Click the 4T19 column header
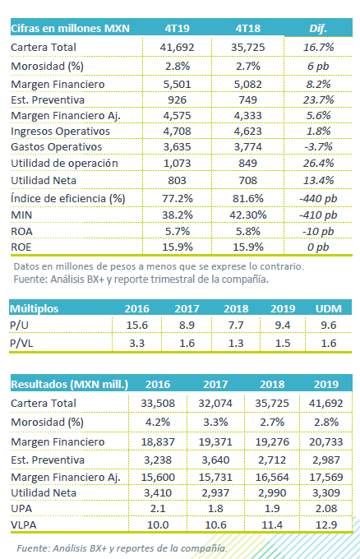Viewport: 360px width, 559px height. click(x=178, y=28)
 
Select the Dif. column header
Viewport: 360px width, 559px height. click(x=318, y=28)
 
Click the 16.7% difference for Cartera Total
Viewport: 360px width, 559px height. click(x=318, y=47)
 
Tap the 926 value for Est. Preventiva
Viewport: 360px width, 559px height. click(x=178, y=99)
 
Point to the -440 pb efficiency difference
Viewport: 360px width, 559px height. click(x=318, y=199)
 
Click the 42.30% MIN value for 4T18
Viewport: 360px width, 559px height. click(x=247, y=215)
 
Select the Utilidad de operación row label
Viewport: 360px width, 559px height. click(x=64, y=164)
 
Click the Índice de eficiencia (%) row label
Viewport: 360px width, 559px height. click(x=68, y=198)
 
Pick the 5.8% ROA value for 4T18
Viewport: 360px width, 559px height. click(x=247, y=231)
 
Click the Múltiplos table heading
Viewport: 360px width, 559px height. click(x=35, y=308)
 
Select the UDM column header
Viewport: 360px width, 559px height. click(x=328, y=308)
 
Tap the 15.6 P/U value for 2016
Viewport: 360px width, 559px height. click(x=137, y=326)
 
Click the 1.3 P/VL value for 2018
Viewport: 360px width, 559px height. click(x=236, y=343)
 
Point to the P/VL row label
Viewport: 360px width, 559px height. click(x=21, y=343)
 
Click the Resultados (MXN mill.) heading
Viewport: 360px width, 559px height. click(x=70, y=385)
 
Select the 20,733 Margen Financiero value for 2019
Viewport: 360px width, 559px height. click(x=325, y=442)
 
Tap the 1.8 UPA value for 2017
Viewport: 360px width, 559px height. click(x=215, y=508)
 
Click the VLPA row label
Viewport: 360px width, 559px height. click(x=24, y=524)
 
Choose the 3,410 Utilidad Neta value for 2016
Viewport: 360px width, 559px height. click(x=158, y=493)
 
